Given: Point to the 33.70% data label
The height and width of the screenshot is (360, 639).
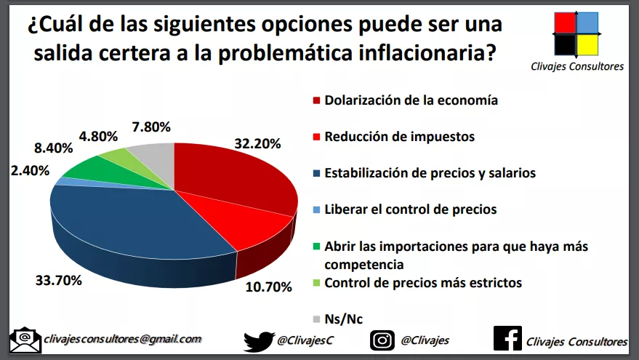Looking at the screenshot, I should pyautogui.click(x=59, y=280).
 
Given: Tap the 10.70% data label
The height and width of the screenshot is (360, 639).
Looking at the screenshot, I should pyautogui.click(x=268, y=287).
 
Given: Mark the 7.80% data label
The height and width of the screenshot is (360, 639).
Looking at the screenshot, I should pyautogui.click(x=151, y=127).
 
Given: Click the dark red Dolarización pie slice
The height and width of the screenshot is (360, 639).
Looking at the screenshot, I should pyautogui.click(x=233, y=175).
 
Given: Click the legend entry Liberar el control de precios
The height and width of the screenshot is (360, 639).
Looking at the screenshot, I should pyautogui.click(x=410, y=209).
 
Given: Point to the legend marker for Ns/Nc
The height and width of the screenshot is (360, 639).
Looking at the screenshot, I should pyautogui.click(x=316, y=319).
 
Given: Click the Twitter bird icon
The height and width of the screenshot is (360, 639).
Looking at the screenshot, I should pyautogui.click(x=258, y=340).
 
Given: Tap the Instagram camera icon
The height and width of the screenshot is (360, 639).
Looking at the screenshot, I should pyautogui.click(x=382, y=340).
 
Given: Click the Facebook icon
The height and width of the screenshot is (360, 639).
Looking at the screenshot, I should pyautogui.click(x=507, y=339).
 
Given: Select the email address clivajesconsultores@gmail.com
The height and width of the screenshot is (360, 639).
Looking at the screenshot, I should pyautogui.click(x=121, y=339).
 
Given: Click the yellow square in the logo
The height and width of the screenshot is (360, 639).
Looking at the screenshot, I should pyautogui.click(x=587, y=44).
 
